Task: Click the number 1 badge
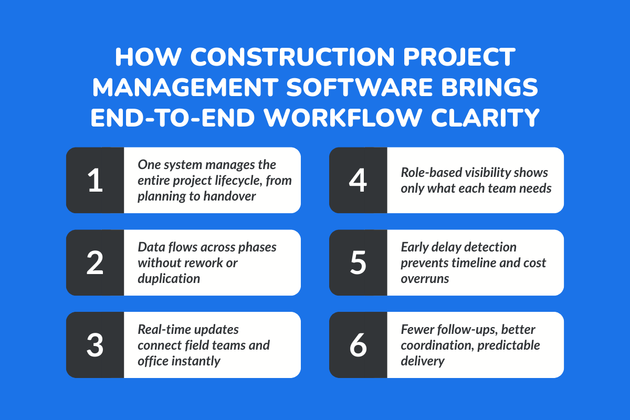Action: point(95,180)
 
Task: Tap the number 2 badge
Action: point(95,262)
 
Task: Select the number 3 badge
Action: point(95,345)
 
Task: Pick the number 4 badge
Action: point(358,180)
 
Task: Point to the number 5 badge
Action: point(358,262)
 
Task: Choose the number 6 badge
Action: point(358,345)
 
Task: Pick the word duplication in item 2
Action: point(169,279)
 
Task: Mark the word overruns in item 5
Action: point(425,279)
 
